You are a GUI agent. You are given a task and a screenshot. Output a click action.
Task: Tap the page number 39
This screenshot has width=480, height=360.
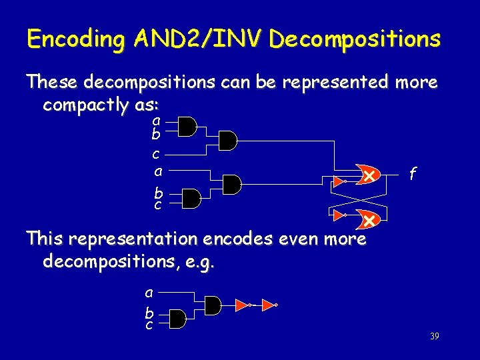[434, 337]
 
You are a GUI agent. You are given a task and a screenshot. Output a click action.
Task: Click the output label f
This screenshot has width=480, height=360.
[413, 175]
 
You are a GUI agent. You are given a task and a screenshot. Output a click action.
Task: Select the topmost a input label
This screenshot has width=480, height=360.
[156, 121]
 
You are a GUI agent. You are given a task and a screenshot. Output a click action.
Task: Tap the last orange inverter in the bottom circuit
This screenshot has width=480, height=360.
[269, 305]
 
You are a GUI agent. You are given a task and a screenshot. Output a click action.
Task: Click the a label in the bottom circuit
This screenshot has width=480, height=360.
[149, 292]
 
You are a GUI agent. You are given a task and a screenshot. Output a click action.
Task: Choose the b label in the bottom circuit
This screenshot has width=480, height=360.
[149, 312]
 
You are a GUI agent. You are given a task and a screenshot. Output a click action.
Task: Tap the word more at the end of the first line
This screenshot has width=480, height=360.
[417, 83]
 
